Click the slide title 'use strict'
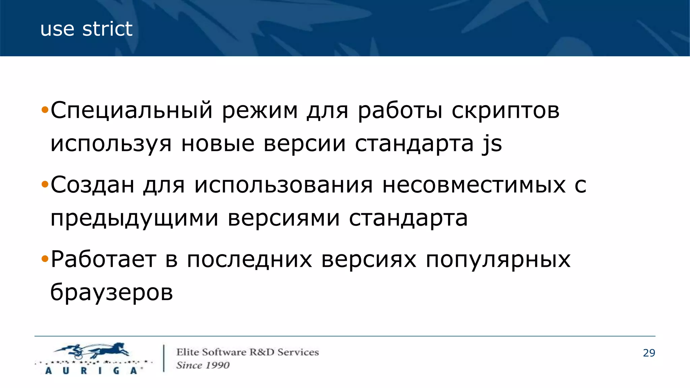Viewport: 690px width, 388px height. (x=86, y=29)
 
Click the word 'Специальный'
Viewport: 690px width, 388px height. (x=132, y=110)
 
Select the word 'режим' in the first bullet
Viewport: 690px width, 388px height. (x=260, y=110)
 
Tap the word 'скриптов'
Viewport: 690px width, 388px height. (x=505, y=110)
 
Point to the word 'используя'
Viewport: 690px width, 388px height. (x=111, y=144)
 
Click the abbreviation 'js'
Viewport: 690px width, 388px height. (x=492, y=144)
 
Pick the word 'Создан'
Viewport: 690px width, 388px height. (x=92, y=185)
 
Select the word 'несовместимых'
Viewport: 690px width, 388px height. (x=474, y=185)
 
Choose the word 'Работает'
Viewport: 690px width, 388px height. (x=103, y=260)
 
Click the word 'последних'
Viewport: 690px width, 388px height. (x=249, y=260)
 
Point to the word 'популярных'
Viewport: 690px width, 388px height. (x=498, y=260)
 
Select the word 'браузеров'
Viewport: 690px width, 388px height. (x=112, y=292)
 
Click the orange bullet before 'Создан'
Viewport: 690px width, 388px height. (x=45, y=185)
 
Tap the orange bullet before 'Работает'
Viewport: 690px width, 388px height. (x=45, y=260)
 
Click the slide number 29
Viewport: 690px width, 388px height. (x=649, y=353)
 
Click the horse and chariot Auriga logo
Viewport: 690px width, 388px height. (x=93, y=358)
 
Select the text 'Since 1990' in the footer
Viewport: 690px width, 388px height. (x=203, y=365)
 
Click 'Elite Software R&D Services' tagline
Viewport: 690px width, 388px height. (x=248, y=352)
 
